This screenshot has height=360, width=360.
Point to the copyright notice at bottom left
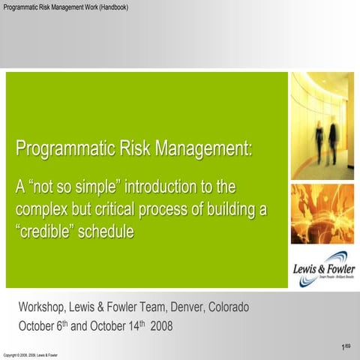point(31,355)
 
